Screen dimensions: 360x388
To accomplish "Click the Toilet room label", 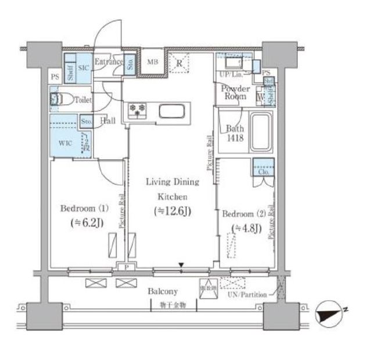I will [83, 100].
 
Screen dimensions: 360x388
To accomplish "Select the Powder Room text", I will [235, 92].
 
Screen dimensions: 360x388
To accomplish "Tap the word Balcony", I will [163, 291].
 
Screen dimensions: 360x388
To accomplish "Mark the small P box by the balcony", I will [126, 268].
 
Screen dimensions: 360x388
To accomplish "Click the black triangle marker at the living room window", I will [182, 266].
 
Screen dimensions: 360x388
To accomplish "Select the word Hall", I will [107, 121].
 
